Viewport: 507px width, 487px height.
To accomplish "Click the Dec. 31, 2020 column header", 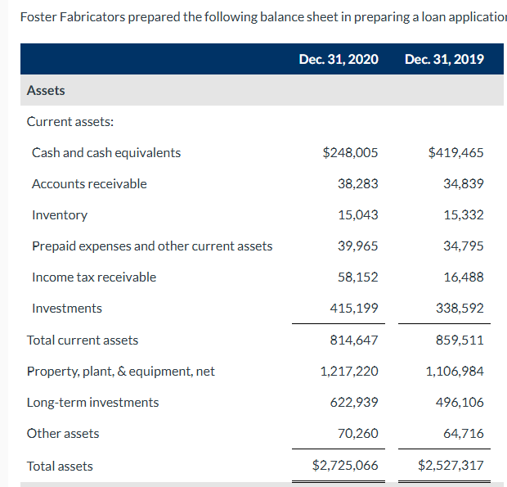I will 338,59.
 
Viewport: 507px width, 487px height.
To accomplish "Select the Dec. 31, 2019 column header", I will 443,59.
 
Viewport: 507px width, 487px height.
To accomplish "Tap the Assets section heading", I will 46,91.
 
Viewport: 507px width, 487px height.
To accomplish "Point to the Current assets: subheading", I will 70,122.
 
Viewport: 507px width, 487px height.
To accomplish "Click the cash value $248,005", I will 350,153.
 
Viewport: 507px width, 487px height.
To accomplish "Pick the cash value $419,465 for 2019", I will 455,153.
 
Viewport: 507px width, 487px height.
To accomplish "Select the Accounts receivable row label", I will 89,184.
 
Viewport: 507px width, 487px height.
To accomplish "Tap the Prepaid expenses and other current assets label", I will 152,246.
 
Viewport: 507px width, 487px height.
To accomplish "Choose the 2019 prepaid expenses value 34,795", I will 463,246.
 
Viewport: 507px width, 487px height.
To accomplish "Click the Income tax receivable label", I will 94,277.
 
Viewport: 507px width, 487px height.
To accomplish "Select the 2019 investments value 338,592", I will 460,309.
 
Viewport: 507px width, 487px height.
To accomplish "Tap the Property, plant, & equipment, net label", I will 121,372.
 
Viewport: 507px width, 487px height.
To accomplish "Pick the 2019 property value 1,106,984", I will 455,372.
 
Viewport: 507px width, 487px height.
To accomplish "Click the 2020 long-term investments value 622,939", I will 354,403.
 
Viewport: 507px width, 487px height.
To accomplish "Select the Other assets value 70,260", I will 357,434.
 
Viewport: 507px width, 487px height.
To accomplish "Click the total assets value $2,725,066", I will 345,467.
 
